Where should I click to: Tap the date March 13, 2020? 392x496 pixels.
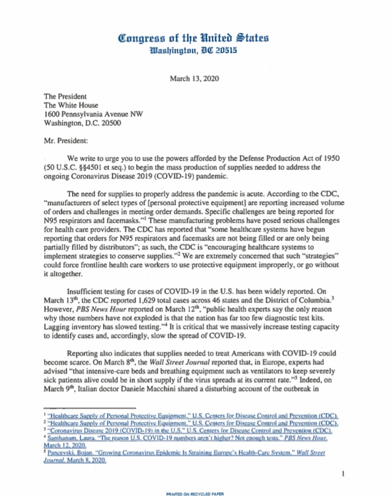point(194,79)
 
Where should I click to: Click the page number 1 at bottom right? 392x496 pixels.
point(344,473)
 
